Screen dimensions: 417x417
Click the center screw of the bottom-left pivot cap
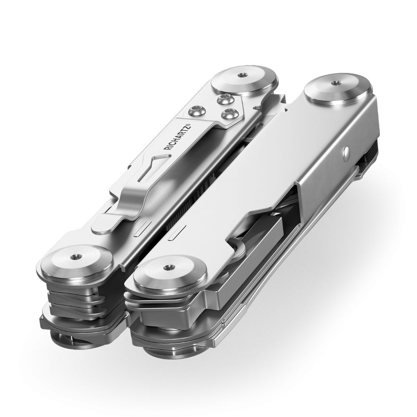[75, 257]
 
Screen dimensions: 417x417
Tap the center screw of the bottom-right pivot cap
[168, 266]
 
